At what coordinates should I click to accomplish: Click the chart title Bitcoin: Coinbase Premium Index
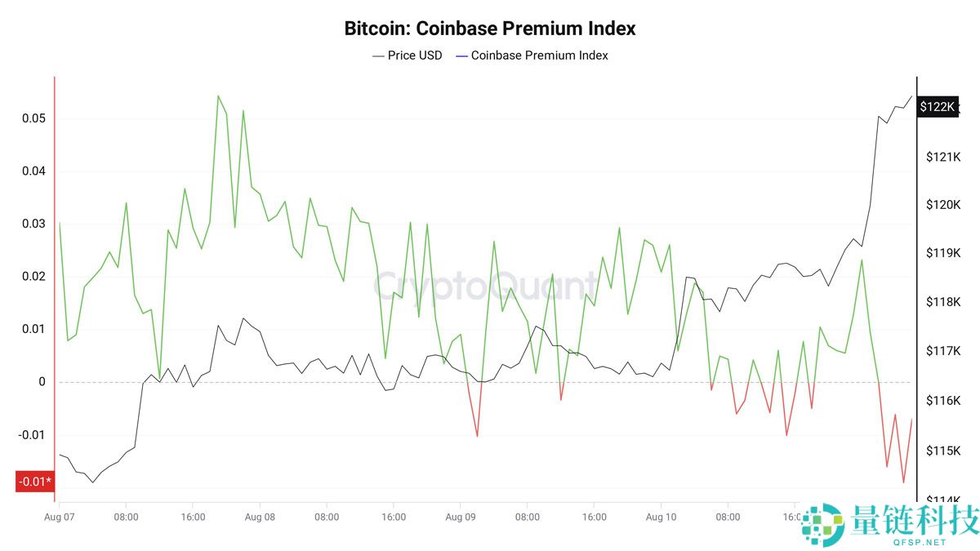click(490, 29)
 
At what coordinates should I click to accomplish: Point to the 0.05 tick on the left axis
click(33, 118)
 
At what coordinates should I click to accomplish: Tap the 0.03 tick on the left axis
click(33, 224)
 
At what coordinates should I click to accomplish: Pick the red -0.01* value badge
click(35, 482)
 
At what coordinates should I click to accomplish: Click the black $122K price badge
click(938, 107)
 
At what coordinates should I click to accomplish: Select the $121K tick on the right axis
click(942, 156)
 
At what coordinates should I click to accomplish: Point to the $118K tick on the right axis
click(942, 302)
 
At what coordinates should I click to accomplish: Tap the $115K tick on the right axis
click(942, 451)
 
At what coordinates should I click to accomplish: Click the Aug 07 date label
click(59, 517)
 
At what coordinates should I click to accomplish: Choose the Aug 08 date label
click(260, 517)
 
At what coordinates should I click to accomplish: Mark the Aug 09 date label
click(461, 517)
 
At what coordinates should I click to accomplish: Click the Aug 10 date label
click(661, 517)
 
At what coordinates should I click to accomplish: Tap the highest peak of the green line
click(218, 96)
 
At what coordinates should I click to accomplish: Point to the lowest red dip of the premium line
click(903, 482)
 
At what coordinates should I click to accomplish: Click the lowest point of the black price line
click(92, 482)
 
